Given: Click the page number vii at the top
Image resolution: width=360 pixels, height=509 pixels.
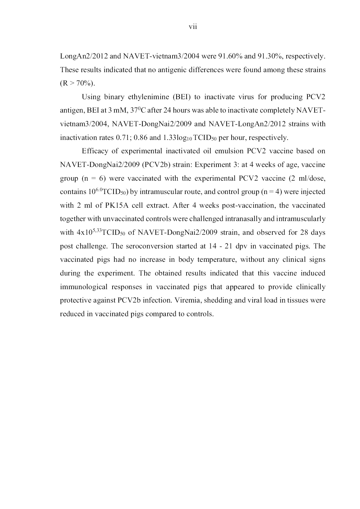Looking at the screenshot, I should click(x=193, y=27).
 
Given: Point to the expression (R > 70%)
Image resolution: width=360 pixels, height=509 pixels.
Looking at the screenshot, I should click(x=77, y=83).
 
